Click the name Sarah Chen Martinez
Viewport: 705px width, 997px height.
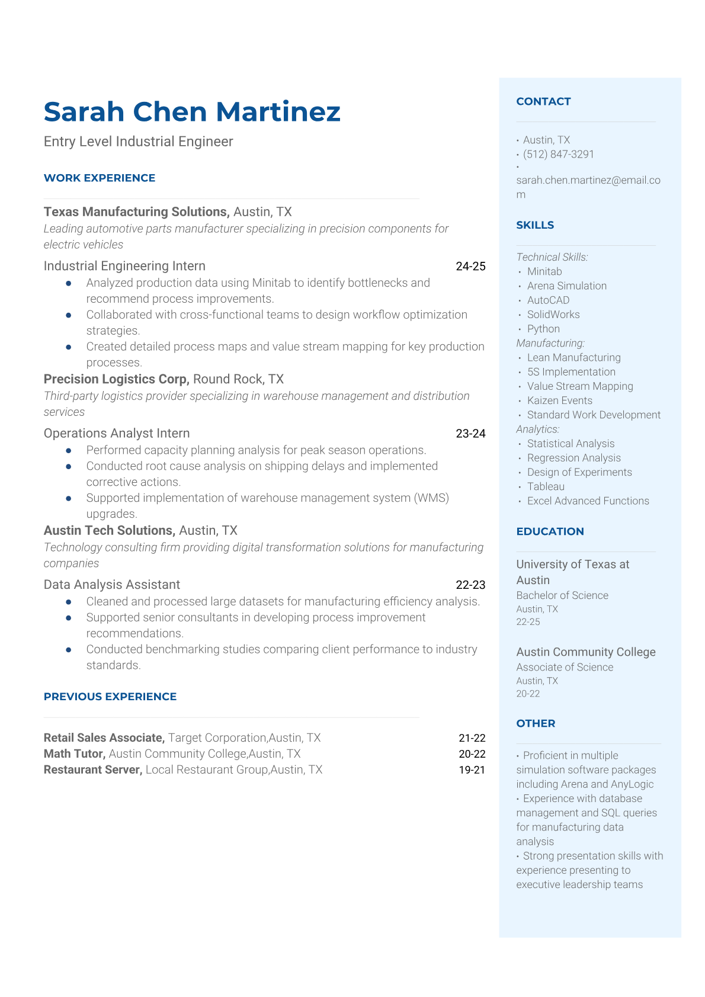(192, 112)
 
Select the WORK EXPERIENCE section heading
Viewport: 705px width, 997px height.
(100, 178)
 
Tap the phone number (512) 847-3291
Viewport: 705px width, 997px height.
(558, 154)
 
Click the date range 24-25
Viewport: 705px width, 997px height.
(470, 267)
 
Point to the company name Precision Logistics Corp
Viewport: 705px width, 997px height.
(116, 379)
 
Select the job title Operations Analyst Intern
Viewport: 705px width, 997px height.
(117, 434)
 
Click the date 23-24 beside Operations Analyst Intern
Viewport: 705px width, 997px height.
(470, 434)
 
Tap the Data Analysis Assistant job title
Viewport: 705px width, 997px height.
(112, 585)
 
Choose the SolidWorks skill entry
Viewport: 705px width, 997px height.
(553, 315)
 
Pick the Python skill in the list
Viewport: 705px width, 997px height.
(543, 329)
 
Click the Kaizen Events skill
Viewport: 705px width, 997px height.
(559, 400)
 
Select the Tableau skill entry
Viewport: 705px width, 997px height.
(546, 486)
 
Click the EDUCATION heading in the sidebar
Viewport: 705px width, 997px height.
(550, 531)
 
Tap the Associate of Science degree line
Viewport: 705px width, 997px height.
(565, 667)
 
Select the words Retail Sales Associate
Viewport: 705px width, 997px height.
(104, 738)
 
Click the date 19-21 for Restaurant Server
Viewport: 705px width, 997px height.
(472, 770)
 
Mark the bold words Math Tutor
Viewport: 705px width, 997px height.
(74, 754)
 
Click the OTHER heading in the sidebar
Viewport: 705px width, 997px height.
(536, 723)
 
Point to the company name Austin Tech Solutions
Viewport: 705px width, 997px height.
(108, 531)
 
